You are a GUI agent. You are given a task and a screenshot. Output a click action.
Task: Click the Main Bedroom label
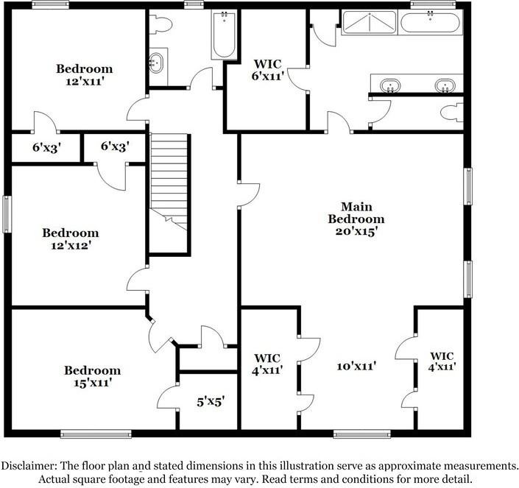tap(356, 213)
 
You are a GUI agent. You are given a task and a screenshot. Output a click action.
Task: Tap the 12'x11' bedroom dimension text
tap(85, 82)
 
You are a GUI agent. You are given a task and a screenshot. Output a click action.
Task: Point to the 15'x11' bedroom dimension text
tap(91, 383)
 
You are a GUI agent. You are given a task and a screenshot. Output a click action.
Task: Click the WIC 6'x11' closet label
tap(268, 69)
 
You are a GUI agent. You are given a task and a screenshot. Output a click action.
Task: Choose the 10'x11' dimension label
tap(357, 366)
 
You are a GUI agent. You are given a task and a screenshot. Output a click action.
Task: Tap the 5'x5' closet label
tap(210, 402)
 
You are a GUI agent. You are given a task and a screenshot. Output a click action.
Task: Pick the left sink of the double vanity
tap(389, 86)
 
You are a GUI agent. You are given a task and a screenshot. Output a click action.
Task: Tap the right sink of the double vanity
tap(444, 86)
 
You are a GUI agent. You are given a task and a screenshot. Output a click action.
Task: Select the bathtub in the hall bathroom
tap(223, 35)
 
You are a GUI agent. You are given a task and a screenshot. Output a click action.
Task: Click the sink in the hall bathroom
tap(157, 63)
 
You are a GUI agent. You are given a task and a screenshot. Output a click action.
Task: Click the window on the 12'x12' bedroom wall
tap(7, 214)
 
